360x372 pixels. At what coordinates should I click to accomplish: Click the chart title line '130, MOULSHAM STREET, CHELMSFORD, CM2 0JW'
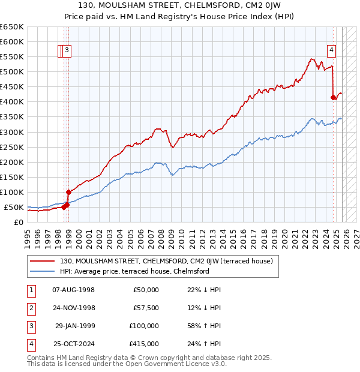tap(180, 6)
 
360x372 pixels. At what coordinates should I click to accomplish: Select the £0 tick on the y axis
tap(19, 223)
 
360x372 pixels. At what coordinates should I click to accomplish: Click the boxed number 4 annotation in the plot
tap(331, 51)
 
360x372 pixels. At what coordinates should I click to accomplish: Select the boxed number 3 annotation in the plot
tap(67, 51)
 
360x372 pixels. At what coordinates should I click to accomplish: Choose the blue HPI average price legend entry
tap(134, 271)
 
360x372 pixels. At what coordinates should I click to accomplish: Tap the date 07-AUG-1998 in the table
tap(73, 290)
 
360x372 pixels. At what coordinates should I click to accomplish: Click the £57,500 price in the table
tap(146, 308)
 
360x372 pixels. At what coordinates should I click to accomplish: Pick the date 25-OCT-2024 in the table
tap(73, 344)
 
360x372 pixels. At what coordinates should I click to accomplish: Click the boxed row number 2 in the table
tap(30, 308)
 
